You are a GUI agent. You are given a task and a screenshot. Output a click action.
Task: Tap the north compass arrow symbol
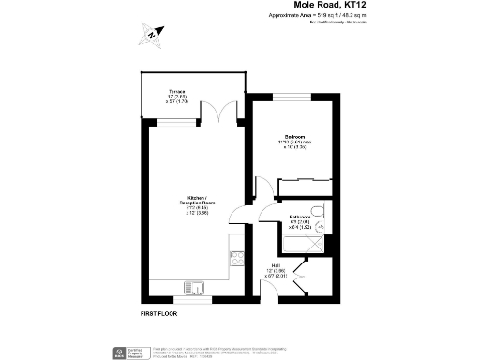pos(152,36)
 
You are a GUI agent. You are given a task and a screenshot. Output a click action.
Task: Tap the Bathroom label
pos(287,218)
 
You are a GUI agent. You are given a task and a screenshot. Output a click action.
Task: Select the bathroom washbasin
pos(321,226)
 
